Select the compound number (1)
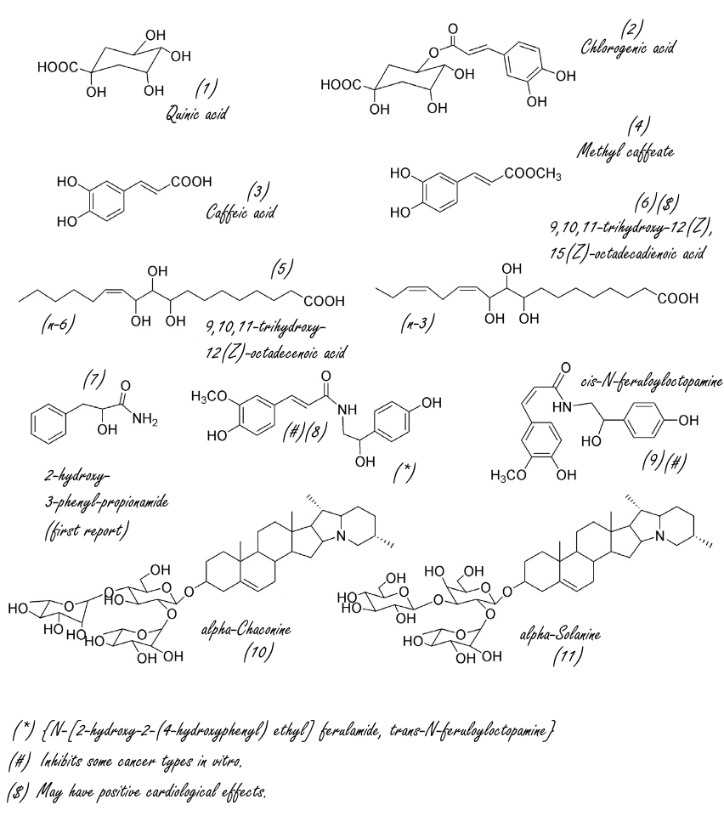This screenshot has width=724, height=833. point(206,88)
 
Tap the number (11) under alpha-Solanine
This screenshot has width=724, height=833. point(568,657)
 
